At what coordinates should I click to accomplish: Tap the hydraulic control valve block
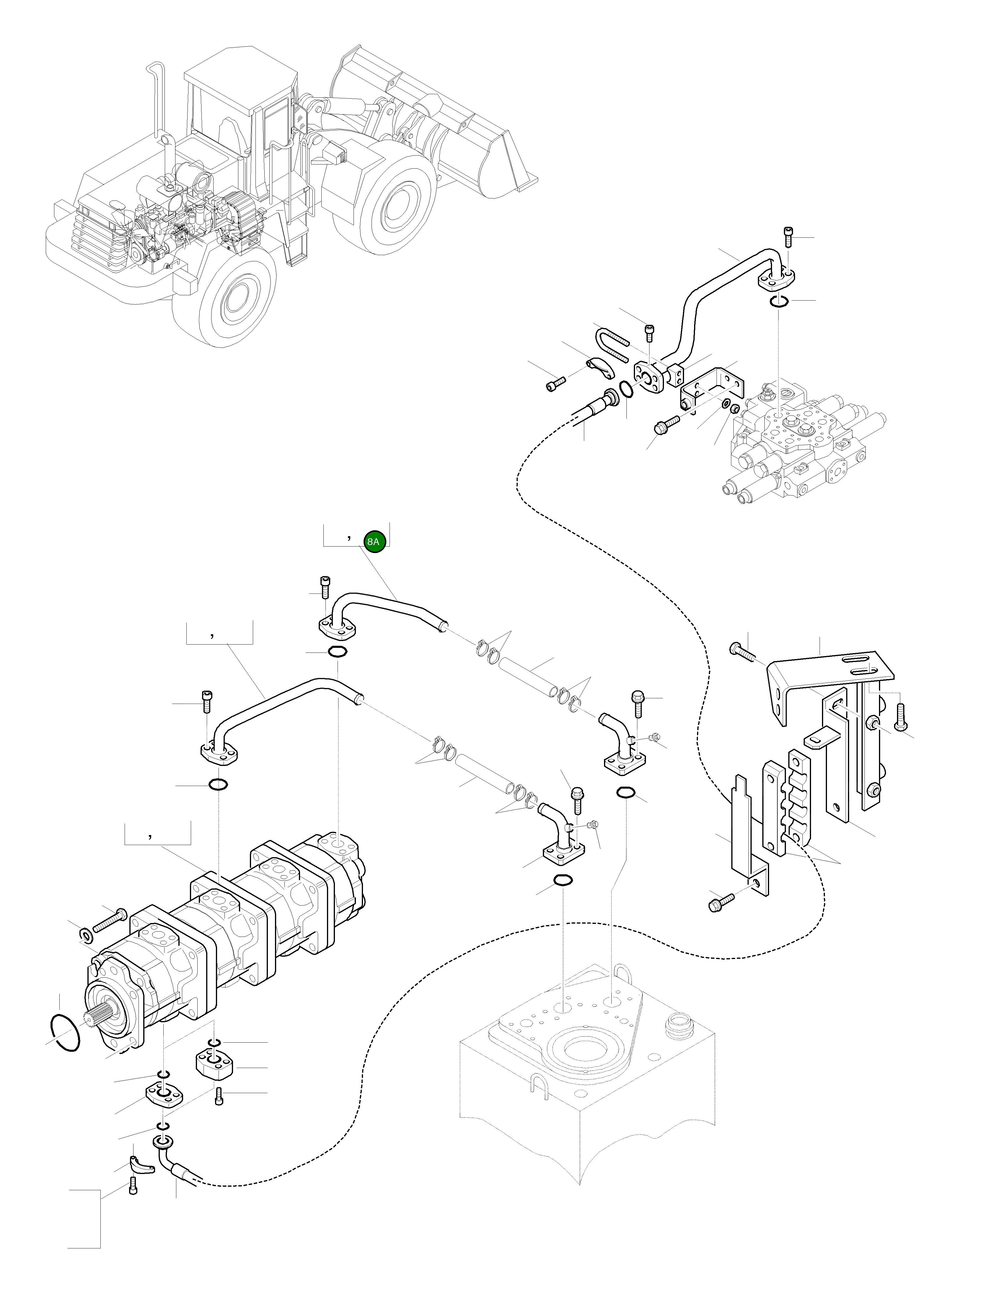(x=803, y=446)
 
